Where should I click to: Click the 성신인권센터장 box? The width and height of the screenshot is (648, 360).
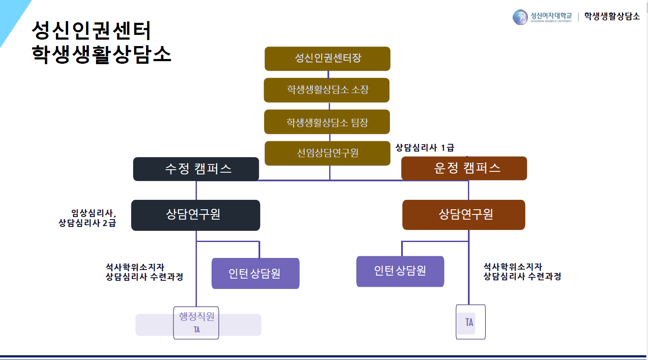pos(327,59)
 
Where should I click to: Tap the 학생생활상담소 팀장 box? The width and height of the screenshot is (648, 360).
pos(327,122)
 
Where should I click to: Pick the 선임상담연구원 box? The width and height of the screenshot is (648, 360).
pos(327,153)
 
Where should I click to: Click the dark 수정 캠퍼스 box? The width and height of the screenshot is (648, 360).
pos(196,169)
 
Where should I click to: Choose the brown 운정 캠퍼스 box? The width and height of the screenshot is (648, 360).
pos(464,168)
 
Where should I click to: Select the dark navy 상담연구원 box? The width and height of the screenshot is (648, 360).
pos(196,215)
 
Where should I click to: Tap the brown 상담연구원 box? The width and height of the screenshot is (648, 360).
pos(464,215)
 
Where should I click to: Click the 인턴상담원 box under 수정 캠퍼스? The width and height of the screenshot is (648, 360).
pos(255,273)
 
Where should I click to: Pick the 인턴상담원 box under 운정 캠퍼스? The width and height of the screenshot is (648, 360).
pos(400,271)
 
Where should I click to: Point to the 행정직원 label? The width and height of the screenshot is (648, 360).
pos(196,317)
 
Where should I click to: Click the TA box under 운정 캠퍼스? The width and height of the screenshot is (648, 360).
pos(470,322)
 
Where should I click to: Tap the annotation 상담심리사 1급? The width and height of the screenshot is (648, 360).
pos(425,148)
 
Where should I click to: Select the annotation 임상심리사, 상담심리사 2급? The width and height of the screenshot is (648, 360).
pos(88,218)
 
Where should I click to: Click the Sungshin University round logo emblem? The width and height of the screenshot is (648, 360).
pos(520,17)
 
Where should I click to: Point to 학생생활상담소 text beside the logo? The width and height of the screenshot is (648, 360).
pos(612,17)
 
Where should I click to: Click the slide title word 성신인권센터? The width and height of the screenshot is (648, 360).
pos(91,31)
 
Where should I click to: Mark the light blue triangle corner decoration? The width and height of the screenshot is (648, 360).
pos(11,17)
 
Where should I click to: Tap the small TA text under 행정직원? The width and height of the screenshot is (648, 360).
pos(196,330)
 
